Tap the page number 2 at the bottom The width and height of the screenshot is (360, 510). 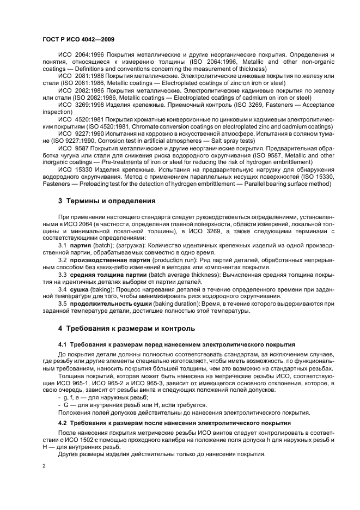(x=45, y=466)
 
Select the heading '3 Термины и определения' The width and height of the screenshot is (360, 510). (x=107, y=201)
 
